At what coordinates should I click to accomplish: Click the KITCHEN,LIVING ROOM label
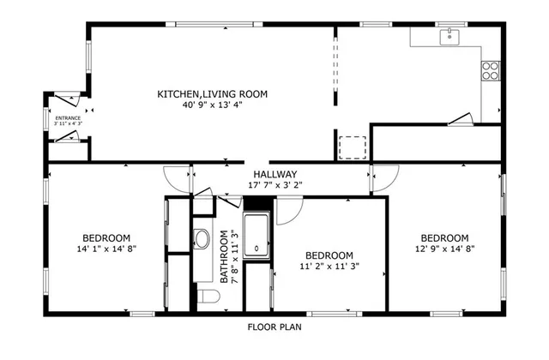pos(212,93)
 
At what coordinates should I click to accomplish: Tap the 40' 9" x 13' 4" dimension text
pos(212,105)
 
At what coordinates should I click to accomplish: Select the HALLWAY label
pos(275,173)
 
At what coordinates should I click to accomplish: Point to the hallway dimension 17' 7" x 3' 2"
pos(275,184)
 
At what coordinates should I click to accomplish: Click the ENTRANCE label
pos(68,118)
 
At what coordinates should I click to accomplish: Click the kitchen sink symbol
pos(449,37)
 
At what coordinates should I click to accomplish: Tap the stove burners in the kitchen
pos(491,70)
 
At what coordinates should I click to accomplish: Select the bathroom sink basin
pos(202,239)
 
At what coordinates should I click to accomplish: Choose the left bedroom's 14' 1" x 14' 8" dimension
pos(106,249)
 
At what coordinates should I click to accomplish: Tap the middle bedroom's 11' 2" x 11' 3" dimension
pos(329,267)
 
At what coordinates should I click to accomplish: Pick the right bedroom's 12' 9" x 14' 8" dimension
pos(444,249)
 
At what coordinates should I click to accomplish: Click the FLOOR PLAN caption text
pos(274,327)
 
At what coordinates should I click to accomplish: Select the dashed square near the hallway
pos(352,147)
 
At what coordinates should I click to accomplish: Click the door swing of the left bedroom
pos(178,178)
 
